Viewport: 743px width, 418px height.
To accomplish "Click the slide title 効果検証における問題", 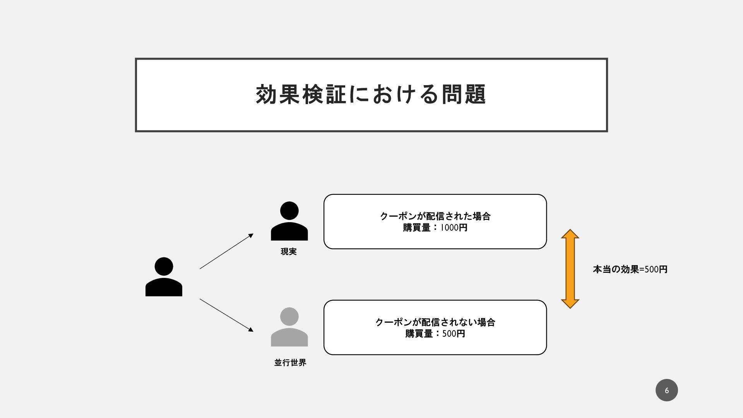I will click(371, 94).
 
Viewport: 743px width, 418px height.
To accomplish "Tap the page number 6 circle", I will click(666, 390).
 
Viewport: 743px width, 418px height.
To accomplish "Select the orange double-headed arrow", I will click(570, 269).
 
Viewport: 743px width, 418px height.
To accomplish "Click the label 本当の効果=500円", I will click(630, 269).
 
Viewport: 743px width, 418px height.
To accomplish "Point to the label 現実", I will click(289, 252).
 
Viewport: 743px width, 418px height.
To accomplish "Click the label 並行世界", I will click(290, 363).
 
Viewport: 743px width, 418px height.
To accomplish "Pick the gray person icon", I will click(289, 327).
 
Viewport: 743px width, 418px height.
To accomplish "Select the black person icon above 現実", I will click(289, 221).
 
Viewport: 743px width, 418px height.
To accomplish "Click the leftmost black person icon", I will click(164, 277).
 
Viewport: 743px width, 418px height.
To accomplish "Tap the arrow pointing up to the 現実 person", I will click(226, 251).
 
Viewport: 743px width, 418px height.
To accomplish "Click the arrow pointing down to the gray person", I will click(226, 315).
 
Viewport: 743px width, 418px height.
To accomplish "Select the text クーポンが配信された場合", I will click(435, 216).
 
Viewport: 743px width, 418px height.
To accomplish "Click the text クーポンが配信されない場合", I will click(435, 322).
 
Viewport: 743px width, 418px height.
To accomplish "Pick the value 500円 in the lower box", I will click(454, 334).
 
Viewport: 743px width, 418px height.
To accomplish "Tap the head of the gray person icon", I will click(289, 317).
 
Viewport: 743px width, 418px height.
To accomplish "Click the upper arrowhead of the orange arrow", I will click(570, 234).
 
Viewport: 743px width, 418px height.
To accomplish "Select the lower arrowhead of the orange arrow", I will click(570, 304).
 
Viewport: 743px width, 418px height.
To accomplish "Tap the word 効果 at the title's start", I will click(278, 94).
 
